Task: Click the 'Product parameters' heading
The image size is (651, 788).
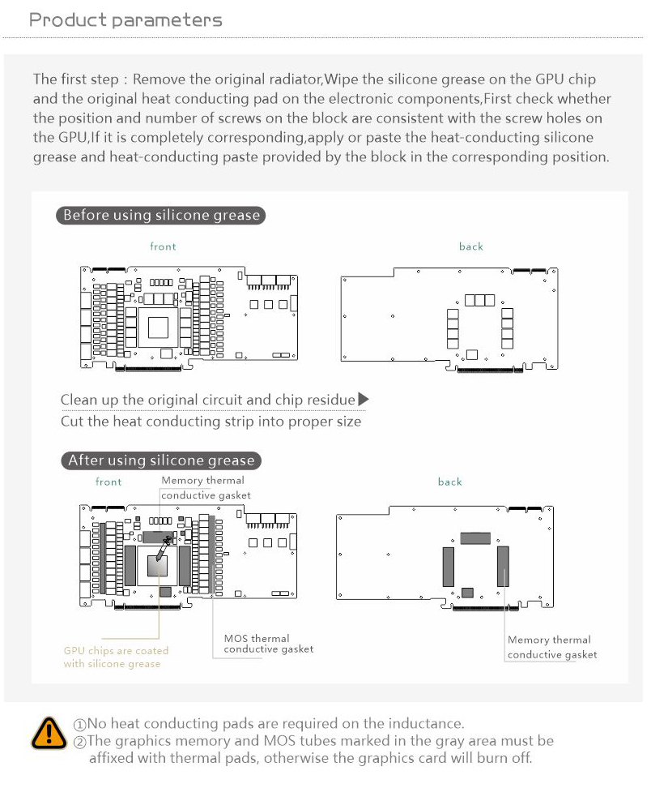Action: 125,20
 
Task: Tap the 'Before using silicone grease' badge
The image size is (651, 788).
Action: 161,216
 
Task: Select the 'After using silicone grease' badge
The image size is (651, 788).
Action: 160,460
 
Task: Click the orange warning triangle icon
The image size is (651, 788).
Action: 49,733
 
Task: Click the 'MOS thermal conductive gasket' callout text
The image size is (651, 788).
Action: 268,644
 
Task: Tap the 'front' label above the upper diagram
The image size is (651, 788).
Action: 163,246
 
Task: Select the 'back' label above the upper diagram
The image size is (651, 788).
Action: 470,246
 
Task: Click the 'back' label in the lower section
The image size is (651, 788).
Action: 449,482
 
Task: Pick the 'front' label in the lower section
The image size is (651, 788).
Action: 108,482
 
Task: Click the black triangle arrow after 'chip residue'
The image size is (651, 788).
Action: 364,399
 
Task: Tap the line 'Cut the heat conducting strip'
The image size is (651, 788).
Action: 211,422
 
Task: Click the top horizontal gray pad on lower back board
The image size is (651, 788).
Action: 475,537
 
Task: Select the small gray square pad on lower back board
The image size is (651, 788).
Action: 467,592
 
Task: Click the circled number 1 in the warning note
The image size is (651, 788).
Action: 79,724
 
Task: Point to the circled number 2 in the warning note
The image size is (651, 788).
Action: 79,741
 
